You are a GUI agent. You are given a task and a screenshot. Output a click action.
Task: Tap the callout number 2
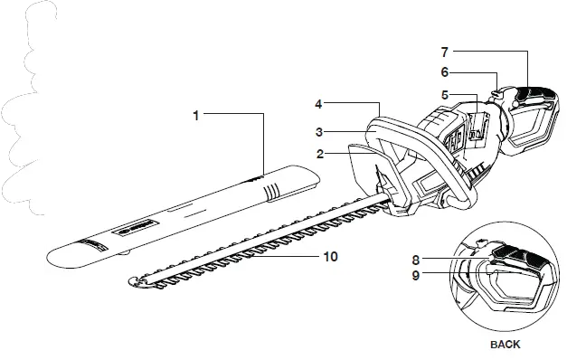coord(321,155)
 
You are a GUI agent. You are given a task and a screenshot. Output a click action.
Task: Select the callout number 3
coord(321,132)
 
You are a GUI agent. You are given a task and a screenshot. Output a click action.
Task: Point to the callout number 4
coord(321,106)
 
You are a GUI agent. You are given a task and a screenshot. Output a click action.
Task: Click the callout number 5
coord(445,94)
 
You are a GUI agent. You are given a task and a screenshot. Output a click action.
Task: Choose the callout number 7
coord(445,52)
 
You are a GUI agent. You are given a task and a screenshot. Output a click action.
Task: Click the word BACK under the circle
coord(506,345)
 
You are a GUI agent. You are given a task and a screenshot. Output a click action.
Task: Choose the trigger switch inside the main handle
coord(480,128)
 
